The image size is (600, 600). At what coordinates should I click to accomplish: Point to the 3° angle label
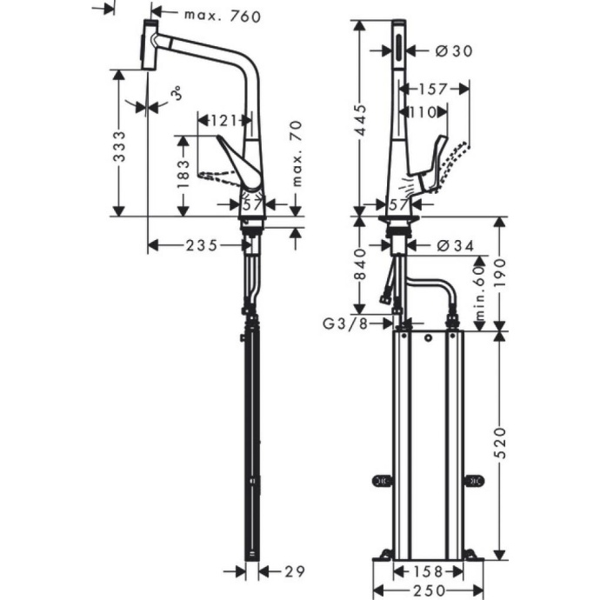coord(177,95)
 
